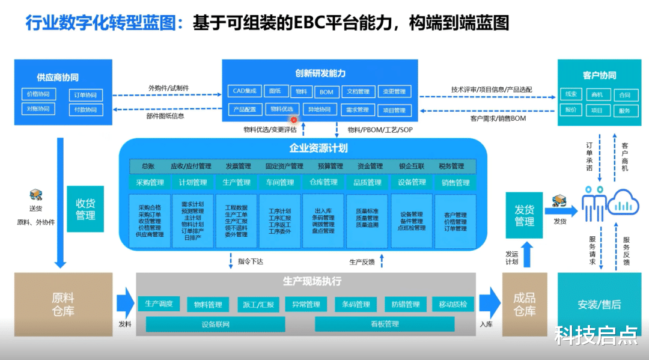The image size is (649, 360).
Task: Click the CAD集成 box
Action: click(245, 91)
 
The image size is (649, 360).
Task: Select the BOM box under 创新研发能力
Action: click(326, 92)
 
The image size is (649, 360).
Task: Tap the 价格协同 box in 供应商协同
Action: click(38, 94)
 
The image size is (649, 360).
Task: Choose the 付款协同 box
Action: click(85, 110)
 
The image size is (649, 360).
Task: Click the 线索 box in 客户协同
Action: click(570, 94)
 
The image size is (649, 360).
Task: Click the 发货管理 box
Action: click(524, 216)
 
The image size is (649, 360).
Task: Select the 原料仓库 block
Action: click(63, 304)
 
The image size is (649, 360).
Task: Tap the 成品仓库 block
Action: click(525, 304)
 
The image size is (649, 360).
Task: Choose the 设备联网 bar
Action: click(216, 325)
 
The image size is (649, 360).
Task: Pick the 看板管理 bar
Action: click(385, 325)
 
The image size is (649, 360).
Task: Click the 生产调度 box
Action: click(159, 304)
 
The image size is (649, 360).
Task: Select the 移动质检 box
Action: click(453, 304)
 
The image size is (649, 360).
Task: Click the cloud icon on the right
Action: click(627, 202)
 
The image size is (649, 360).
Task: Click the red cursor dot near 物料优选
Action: click(294, 120)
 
